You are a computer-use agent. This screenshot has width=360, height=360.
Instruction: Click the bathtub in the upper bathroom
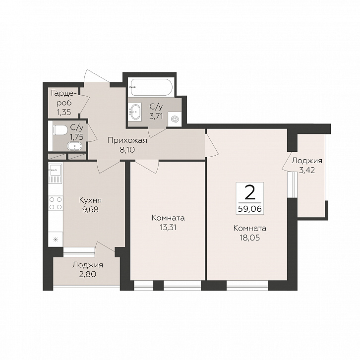(151, 87)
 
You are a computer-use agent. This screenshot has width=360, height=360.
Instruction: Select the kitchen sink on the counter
(56, 170)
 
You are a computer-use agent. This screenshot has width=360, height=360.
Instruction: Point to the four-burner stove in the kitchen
(56, 203)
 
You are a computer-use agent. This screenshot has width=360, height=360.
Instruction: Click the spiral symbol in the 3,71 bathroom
(174, 120)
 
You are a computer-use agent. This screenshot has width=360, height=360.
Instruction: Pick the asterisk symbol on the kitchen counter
(56, 240)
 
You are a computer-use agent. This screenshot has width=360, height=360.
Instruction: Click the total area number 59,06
(250, 209)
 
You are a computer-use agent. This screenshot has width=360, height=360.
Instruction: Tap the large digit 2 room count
(250, 192)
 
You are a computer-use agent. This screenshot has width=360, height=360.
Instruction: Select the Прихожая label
(127, 140)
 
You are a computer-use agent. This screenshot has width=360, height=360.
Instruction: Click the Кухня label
(90, 200)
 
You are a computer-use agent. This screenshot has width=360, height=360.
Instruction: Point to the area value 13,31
(168, 227)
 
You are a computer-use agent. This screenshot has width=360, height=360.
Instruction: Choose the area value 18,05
(250, 238)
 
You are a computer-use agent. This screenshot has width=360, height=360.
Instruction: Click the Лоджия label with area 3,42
(307, 161)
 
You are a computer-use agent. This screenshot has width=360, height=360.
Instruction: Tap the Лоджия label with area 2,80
(88, 265)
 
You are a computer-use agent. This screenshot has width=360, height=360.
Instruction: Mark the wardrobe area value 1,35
(64, 112)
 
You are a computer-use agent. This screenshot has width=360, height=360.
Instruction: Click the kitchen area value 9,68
(90, 209)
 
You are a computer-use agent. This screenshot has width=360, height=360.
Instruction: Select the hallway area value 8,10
(127, 150)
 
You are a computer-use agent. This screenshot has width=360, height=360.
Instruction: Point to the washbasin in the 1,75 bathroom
(75, 146)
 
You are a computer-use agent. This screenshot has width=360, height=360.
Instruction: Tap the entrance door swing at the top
(96, 76)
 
